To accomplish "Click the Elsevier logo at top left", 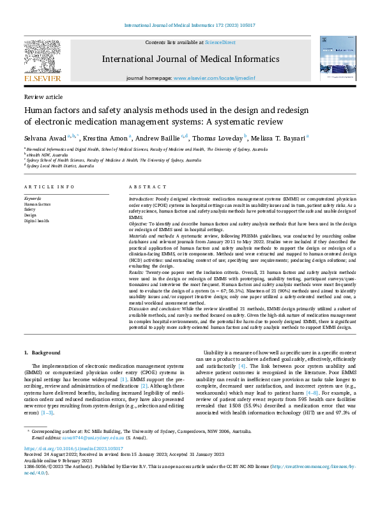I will pyautogui.click(x=42, y=61).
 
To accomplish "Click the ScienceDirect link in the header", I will pyautogui.click(x=220, y=42).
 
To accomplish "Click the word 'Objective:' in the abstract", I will pyautogui.click(x=141, y=224).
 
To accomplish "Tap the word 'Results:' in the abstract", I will pyautogui.click(x=139, y=272).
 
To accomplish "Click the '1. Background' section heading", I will pyautogui.click(x=42, y=352).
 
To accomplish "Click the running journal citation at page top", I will pyautogui.click(x=190, y=26).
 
